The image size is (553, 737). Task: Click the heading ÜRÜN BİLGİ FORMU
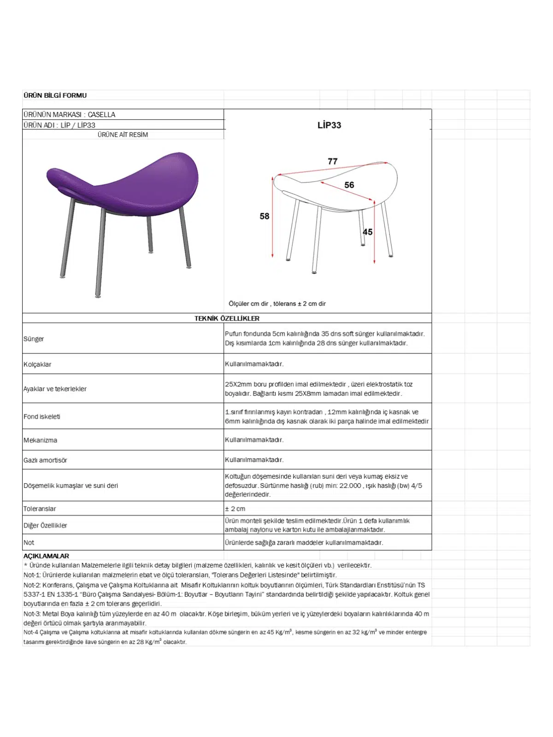55,95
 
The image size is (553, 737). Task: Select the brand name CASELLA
101,114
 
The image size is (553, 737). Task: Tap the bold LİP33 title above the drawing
329,125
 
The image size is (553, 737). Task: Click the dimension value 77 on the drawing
332,161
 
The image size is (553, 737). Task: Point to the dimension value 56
349,185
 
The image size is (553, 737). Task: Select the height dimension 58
264,216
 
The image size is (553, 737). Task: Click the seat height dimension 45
367,232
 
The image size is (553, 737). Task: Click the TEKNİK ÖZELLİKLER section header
227,318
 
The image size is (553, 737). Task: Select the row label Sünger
34,339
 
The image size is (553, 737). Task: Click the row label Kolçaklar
37,364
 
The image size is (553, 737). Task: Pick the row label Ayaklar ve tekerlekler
55,389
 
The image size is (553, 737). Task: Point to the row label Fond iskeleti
42,416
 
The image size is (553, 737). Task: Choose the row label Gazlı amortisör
45,460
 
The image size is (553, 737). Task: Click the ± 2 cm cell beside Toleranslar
235,509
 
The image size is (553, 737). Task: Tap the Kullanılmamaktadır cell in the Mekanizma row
254,440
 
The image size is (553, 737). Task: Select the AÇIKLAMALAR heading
46,556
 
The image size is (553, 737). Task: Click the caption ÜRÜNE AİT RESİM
123,135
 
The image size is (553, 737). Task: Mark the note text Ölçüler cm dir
248,304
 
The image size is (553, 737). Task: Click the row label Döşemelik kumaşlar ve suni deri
71,485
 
